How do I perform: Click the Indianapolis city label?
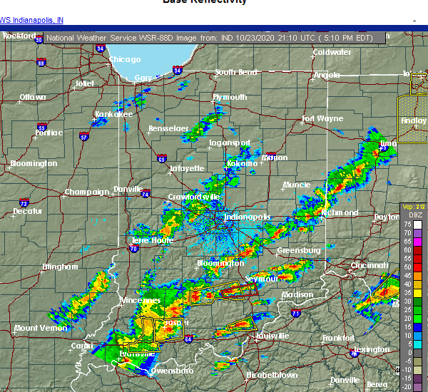(x=248, y=217)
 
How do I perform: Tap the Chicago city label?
(x=126, y=59)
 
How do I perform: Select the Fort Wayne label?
(x=322, y=119)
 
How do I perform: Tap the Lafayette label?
(x=188, y=169)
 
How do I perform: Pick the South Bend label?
(x=235, y=72)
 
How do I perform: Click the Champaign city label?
(x=87, y=192)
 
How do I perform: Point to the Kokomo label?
(x=241, y=163)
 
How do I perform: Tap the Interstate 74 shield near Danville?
(x=146, y=193)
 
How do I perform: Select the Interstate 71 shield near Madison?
(x=295, y=312)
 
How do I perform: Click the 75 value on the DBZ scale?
(x=407, y=224)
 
